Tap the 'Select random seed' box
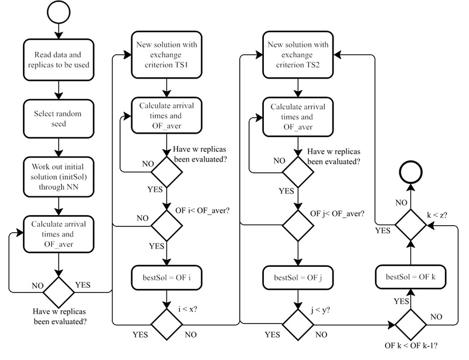point(57,117)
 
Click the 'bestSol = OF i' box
point(167,276)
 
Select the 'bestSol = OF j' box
point(298,276)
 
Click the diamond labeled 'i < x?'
point(167,322)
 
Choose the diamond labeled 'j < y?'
point(298,322)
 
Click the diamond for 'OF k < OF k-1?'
point(410,322)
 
